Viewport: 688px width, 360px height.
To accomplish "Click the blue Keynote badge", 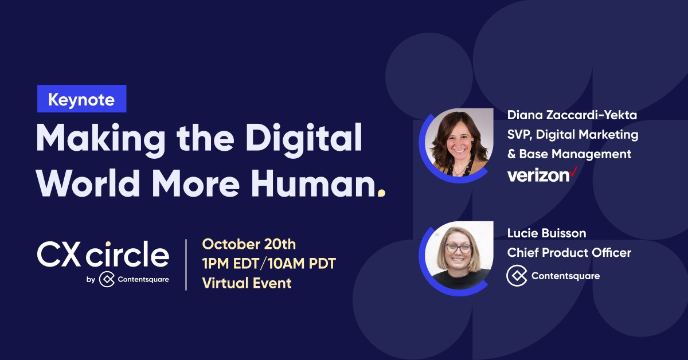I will click(81, 99).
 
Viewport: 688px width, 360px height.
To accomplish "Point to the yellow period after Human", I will click(381, 193).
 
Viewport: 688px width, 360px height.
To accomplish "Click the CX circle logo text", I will click(103, 255).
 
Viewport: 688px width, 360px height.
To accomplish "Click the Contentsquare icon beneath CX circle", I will click(107, 279).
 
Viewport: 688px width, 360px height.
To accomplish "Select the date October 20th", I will click(249, 244).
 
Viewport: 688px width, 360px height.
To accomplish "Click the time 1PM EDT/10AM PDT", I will click(268, 264).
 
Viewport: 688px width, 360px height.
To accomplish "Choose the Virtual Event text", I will click(247, 283).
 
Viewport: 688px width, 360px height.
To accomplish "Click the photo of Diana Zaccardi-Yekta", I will click(462, 141).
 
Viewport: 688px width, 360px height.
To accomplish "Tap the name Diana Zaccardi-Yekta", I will click(572, 115).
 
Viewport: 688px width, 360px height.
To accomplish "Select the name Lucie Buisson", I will click(546, 233).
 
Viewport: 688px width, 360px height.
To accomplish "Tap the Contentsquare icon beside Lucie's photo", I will click(517, 276).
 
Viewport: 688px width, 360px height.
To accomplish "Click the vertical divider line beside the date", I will click(186, 264).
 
